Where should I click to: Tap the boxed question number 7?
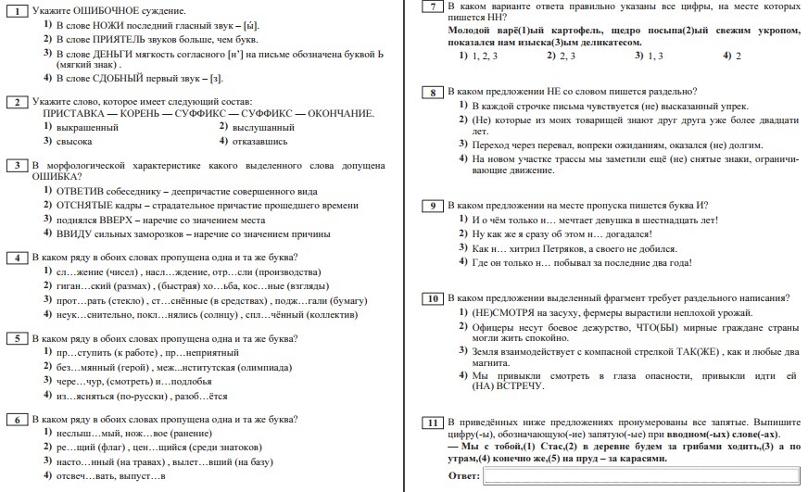(431, 7)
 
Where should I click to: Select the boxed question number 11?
(431, 423)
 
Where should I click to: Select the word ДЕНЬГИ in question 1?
(109, 53)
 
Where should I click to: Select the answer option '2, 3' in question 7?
(562, 56)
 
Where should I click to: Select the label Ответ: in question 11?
(462, 476)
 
